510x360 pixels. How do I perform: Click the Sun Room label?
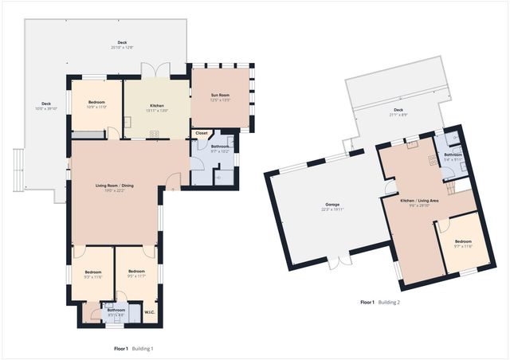tap(220, 96)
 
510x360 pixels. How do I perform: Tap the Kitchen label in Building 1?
tap(156, 105)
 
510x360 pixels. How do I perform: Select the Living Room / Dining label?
tap(116, 185)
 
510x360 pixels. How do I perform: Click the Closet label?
tap(202, 133)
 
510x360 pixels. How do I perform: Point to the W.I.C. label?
tap(149, 311)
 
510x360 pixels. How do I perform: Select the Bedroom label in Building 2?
tap(463, 241)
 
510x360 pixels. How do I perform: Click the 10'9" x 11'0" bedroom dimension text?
tap(96, 107)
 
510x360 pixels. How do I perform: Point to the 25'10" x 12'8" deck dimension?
tap(122, 48)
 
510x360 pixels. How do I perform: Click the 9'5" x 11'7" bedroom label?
tap(136, 276)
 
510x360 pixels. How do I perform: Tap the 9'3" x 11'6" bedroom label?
tap(93, 276)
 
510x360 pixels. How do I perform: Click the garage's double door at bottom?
tap(341, 261)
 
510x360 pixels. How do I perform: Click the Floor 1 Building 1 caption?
tap(133, 348)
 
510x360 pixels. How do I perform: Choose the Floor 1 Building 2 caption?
tap(379, 302)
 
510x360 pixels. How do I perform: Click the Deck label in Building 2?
tap(398, 110)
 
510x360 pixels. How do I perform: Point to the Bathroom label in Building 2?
tap(453, 155)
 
